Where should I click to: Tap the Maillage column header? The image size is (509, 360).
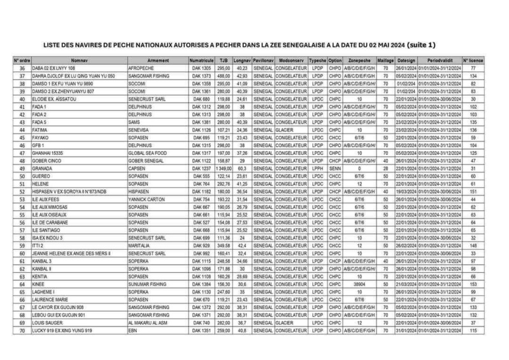(385, 59)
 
